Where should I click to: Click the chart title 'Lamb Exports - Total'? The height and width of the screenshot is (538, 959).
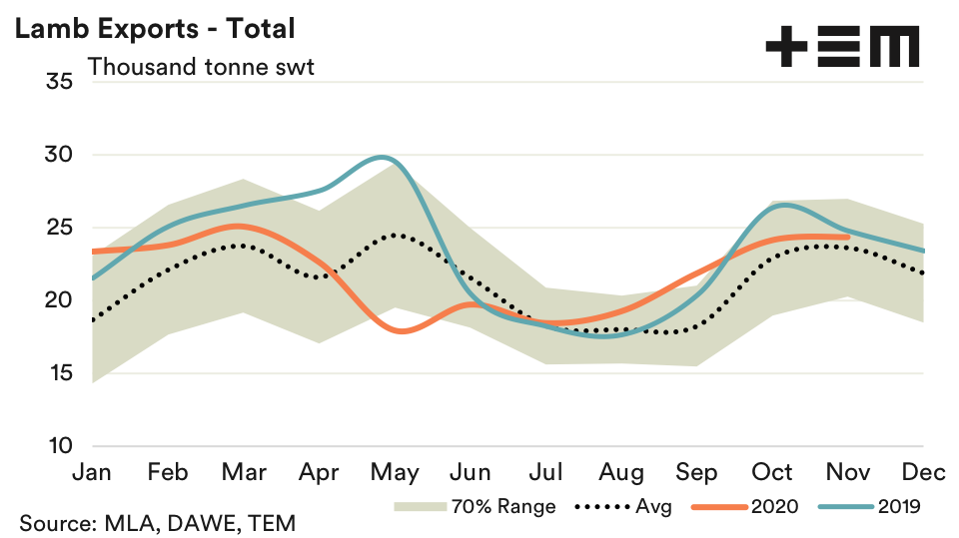point(155,28)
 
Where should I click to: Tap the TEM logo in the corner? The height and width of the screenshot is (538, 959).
point(842,47)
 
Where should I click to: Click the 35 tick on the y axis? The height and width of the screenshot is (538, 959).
point(60,82)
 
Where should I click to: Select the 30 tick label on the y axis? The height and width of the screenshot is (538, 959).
point(60,155)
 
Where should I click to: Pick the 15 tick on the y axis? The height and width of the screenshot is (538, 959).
point(60,373)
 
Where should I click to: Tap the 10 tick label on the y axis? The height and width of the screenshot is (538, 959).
point(60,446)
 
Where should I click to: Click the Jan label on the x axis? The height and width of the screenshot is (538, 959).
point(93,471)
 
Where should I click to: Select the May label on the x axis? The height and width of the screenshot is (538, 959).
point(396,471)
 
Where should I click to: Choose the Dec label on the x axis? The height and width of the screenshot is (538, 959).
point(923,471)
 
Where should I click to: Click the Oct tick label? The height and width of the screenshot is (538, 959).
point(772,471)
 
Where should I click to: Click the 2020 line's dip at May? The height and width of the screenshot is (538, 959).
point(401,330)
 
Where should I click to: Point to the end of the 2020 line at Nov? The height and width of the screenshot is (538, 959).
point(848,237)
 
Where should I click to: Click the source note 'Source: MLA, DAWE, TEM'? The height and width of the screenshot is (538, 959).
point(157,522)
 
